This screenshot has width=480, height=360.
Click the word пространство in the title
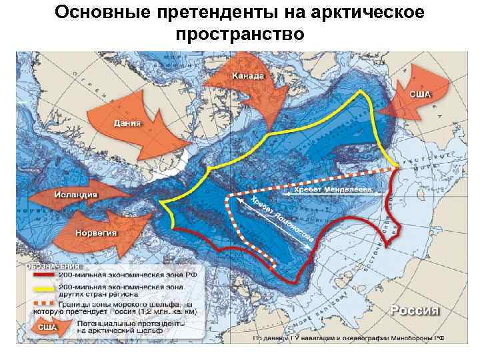240,33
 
